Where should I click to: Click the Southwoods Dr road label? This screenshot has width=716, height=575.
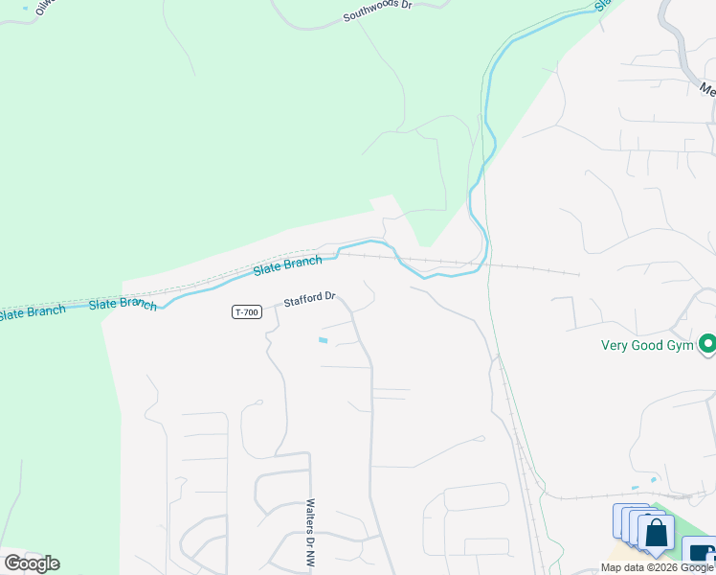pos(377,11)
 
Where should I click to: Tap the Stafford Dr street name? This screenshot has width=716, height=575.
pos(309,300)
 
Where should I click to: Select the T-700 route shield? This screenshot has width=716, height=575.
pos(246,312)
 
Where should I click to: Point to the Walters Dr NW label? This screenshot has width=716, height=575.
pos(310,535)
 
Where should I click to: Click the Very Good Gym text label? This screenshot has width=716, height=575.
pos(647,346)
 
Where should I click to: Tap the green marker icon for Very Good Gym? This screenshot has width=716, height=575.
pos(707,343)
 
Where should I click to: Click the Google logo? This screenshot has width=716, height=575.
pos(32,563)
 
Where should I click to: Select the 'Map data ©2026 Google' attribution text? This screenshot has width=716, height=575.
pos(657,568)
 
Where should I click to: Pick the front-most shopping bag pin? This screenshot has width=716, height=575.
pos(657,533)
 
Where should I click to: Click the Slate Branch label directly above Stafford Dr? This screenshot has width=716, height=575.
pos(287,264)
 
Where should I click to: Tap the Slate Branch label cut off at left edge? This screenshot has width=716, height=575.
pos(32,312)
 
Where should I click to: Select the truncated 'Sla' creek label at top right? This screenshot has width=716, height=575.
pos(602,5)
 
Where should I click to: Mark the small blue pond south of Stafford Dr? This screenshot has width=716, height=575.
pos(323,339)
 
